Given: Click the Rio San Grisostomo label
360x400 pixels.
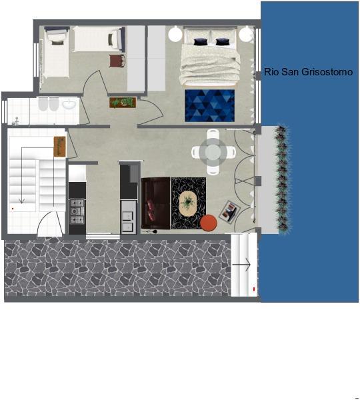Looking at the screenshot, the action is (x=308, y=72).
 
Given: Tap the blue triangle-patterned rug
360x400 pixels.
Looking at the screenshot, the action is (x=209, y=105).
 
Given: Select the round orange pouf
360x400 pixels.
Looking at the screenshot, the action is (x=209, y=223).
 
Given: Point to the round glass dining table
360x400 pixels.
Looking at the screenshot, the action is (x=213, y=152).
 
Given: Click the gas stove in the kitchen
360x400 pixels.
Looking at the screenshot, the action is (x=77, y=211).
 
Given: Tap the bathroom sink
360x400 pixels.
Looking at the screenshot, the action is (x=69, y=104).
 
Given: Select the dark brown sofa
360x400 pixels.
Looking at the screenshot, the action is (x=155, y=203).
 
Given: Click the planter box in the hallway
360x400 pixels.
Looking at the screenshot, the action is (x=123, y=102).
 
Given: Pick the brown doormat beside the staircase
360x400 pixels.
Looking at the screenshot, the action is (x=59, y=147).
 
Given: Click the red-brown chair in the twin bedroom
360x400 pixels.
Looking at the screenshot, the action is (x=117, y=61).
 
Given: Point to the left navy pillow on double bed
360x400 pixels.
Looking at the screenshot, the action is (x=199, y=42).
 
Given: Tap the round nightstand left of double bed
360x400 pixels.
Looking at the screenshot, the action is (x=175, y=34).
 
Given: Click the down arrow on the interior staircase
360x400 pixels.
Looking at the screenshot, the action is (x=22, y=175).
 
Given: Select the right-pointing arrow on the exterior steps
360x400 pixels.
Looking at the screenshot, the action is (x=241, y=265).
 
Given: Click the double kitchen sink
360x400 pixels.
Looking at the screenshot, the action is (x=128, y=221).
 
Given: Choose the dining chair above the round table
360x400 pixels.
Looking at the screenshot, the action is (x=213, y=135).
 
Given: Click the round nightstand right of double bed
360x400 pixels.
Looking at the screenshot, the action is (x=246, y=34).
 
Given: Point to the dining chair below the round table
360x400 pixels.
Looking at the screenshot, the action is (x=213, y=169).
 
